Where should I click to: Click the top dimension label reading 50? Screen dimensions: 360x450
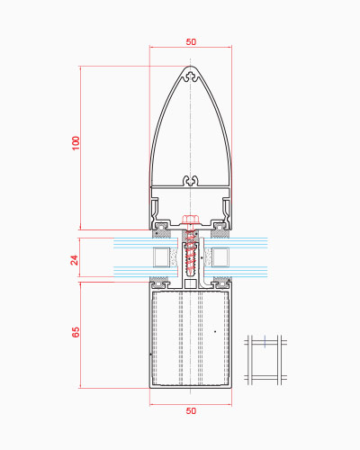click(191, 42)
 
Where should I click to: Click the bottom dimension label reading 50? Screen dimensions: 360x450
click(191, 411)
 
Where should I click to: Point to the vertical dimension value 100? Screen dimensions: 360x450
click(76, 143)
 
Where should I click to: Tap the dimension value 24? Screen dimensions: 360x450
click(75, 260)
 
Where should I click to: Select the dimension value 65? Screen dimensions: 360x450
click(76, 332)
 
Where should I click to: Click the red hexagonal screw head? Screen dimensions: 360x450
click(189, 220)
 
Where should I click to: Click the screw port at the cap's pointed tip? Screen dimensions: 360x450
click(191, 76)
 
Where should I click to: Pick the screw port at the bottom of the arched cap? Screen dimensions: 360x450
click(191, 181)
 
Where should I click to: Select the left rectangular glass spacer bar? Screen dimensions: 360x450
click(161, 257)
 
